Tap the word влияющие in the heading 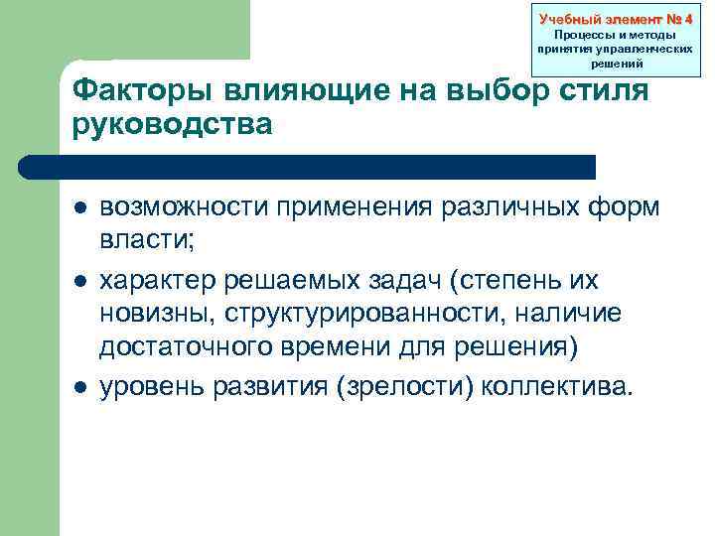click(x=276, y=92)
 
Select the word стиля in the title click(x=605, y=92)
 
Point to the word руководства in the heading click(x=171, y=125)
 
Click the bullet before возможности click(x=78, y=210)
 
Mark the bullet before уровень click(x=78, y=385)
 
